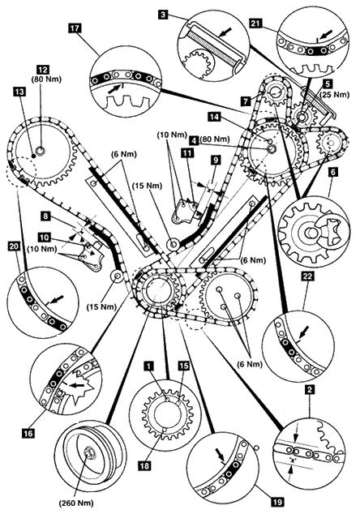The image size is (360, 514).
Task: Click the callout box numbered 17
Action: (75, 28)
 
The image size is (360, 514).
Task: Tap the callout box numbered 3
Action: (164, 15)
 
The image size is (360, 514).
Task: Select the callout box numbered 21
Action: (255, 24)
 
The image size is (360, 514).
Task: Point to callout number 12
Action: (43, 70)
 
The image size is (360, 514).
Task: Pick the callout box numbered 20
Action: (14, 246)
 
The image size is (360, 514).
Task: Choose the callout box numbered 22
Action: (308, 276)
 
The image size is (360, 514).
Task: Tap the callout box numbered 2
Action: (310, 389)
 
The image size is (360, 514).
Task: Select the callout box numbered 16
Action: (28, 434)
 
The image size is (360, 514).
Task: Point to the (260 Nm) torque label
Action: (76, 503)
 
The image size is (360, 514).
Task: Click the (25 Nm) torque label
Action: (336, 95)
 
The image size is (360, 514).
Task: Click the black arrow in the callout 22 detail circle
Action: (304, 332)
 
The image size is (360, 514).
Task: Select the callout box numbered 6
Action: (332, 173)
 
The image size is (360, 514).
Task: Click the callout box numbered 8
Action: (45, 216)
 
